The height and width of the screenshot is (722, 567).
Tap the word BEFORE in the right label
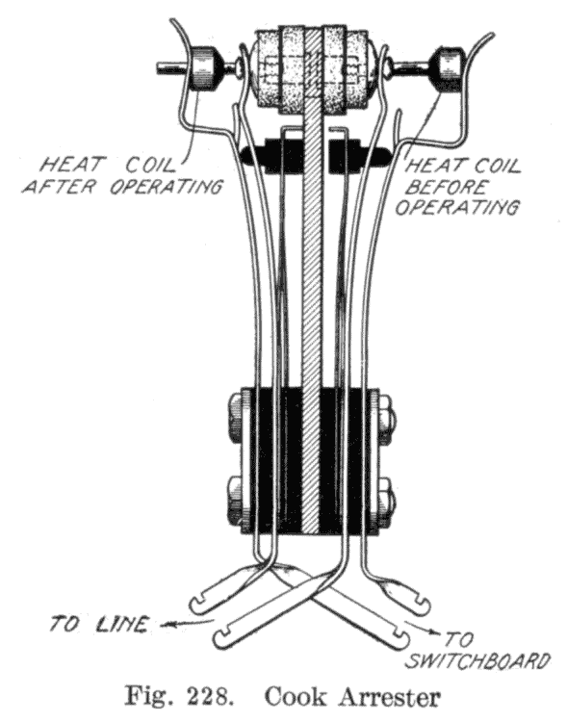point(446,187)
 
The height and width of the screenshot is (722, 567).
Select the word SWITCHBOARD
point(479,660)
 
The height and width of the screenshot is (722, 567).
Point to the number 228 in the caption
point(203,696)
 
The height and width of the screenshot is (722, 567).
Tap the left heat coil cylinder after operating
point(202,67)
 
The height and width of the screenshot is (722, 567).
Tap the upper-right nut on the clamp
point(387,412)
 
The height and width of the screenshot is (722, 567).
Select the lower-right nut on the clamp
point(387,501)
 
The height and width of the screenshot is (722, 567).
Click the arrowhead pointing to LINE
point(167,625)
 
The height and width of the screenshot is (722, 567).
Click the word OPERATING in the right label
point(456,207)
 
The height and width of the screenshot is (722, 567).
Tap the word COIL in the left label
point(150,165)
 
